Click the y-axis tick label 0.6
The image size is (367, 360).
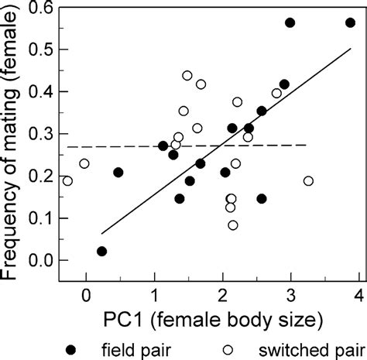click(x=39, y=8)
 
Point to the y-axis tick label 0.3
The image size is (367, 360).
click(x=39, y=135)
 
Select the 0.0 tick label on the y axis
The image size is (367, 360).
click(x=39, y=261)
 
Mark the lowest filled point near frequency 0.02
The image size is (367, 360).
click(x=101, y=252)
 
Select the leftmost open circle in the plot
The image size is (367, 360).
click(x=67, y=181)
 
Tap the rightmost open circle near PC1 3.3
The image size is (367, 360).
click(x=309, y=181)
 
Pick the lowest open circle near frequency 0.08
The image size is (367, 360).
click(x=233, y=225)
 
